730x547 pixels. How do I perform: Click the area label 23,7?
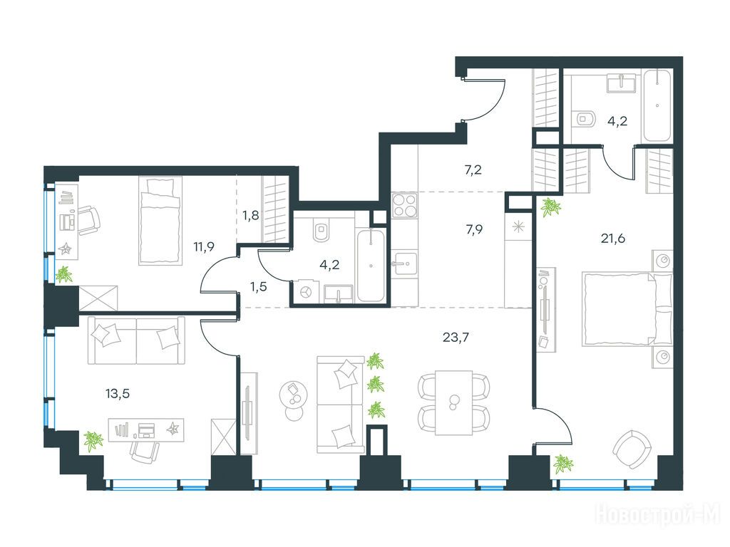tap(456, 337)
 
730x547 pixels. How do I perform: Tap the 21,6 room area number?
tap(612, 239)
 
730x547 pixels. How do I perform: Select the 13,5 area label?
tap(118, 394)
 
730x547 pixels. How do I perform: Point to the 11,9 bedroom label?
tap(204, 246)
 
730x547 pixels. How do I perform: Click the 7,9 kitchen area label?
tap(473, 229)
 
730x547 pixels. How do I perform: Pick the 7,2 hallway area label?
tap(473, 170)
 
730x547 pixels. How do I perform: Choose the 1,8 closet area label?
tap(250, 215)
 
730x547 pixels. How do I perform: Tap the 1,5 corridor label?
tap(258, 286)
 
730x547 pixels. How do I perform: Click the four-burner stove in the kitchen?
tap(404, 204)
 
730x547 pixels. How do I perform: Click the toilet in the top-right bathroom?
tap(585, 118)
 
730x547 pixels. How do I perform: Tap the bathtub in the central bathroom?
tap(371, 266)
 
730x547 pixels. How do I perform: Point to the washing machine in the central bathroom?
tap(305, 292)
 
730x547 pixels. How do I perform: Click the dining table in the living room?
tap(454, 403)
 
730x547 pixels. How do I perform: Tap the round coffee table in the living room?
tap(294, 395)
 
